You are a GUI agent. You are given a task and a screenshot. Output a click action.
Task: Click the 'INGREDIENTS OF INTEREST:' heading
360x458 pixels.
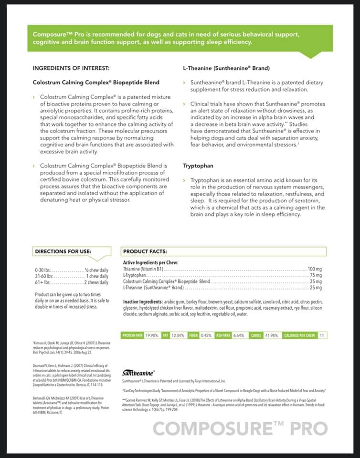[71, 68]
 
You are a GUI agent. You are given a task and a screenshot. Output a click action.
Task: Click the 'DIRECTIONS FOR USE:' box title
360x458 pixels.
[63, 251]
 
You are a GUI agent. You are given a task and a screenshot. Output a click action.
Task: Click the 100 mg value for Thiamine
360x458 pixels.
[315, 269]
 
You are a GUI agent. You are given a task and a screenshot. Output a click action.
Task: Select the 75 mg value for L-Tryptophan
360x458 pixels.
[316, 275]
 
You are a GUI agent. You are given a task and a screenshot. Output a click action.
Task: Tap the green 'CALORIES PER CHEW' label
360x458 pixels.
[299, 335]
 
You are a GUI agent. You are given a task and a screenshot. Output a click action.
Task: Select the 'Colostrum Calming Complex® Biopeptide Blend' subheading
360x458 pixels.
[96, 82]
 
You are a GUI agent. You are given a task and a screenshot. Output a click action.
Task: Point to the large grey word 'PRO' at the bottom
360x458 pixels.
[310, 428]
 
